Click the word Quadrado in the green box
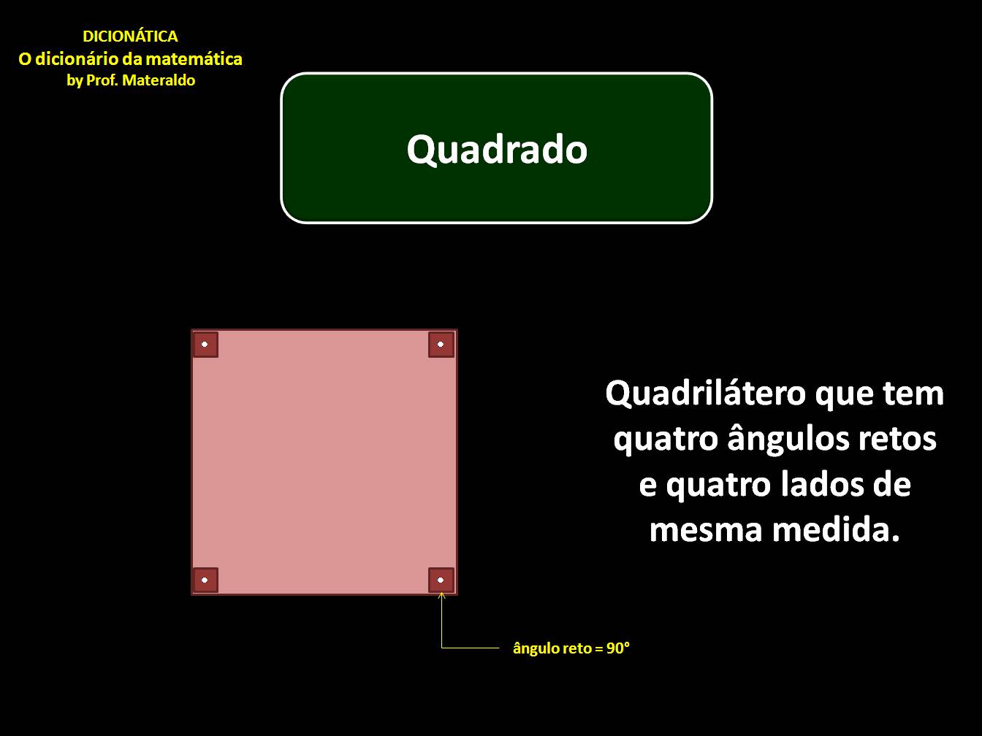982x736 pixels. [497, 150]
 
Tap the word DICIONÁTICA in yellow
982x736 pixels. [130, 37]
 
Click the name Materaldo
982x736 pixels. [159, 80]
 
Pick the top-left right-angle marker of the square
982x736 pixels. [205, 344]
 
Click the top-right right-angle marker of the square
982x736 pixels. [441, 344]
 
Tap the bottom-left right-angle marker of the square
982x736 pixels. [205, 580]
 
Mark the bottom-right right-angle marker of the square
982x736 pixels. [441, 580]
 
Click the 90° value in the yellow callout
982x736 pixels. [618, 648]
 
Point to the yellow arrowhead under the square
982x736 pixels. [441, 595]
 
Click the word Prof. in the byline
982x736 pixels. [102, 80]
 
